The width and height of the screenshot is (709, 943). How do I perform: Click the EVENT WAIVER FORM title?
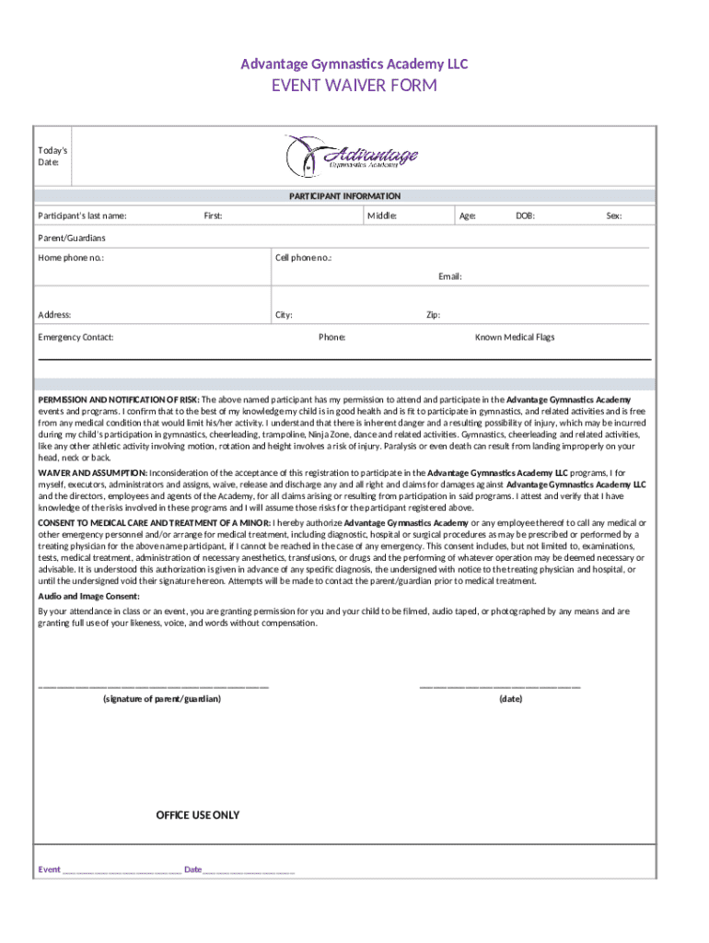point(354,87)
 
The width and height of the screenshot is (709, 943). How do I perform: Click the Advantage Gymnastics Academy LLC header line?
point(354,64)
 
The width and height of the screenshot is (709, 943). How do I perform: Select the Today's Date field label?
point(52,156)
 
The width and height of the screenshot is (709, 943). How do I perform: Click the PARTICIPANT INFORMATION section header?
point(344,196)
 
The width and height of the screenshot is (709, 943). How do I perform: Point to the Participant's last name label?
point(82,216)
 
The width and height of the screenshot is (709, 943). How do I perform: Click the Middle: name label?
point(382,216)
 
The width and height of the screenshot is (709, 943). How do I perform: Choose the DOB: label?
point(525,216)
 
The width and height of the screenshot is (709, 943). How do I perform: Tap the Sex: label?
point(613,216)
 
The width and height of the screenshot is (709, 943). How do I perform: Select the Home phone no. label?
point(71,258)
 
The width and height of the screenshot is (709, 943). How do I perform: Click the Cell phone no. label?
point(304,258)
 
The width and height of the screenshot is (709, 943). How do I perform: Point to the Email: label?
point(449,276)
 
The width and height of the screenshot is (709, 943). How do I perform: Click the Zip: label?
point(433,315)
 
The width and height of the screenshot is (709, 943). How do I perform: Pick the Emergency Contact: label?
point(76,337)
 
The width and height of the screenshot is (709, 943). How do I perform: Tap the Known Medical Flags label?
point(515,337)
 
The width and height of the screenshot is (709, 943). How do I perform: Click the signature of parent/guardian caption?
point(161,699)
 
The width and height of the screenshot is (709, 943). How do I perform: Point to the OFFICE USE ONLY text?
point(197,815)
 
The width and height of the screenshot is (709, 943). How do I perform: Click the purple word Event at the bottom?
point(49,869)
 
